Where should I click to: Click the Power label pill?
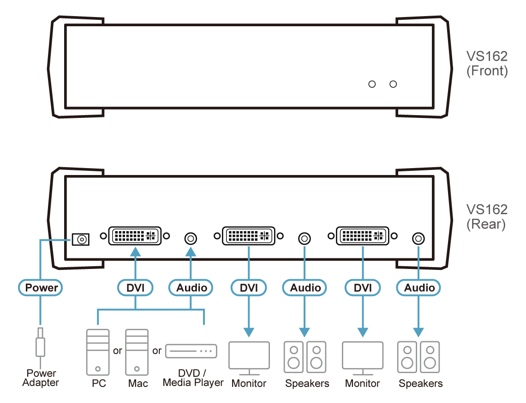pyautogui.click(x=41, y=288)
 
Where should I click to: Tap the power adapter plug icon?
pyautogui.click(x=41, y=343)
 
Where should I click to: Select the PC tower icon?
pyautogui.click(x=98, y=351)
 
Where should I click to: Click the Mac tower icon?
pyautogui.click(x=137, y=351)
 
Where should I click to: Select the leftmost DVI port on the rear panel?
pyautogui.click(x=135, y=236)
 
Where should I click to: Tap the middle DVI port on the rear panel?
pyautogui.click(x=249, y=236)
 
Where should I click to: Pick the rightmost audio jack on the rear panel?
pyautogui.click(x=418, y=238)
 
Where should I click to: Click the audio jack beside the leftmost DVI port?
pyautogui.click(x=191, y=238)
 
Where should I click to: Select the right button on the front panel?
pyautogui.click(x=393, y=84)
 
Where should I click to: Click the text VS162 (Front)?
pyautogui.click(x=486, y=64)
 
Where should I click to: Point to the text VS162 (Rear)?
pyautogui.click(x=486, y=217)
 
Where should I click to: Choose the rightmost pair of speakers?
pyautogui.click(x=419, y=357)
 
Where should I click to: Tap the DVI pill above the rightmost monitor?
pyautogui.click(x=363, y=288)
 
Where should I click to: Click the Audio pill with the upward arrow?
pyautogui.click(x=191, y=288)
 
